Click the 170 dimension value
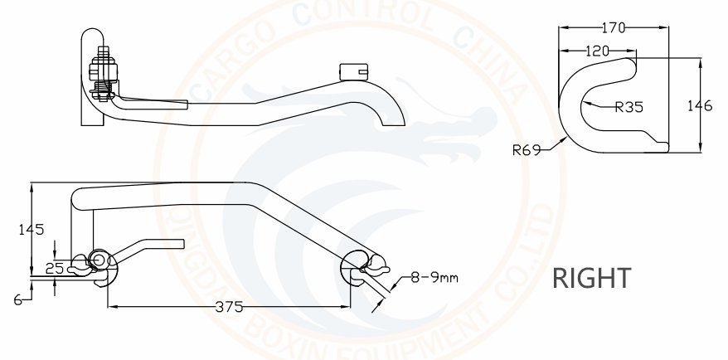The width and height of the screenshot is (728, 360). pos(614,28)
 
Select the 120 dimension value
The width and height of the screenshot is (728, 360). pos(597,51)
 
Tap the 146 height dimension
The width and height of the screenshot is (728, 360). pos(700,106)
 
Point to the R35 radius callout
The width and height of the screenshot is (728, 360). pos(629,107)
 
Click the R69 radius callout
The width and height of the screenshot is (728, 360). pos(527,150)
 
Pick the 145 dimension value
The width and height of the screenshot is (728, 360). pos(32,230)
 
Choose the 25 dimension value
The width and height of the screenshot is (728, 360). pos(55,268)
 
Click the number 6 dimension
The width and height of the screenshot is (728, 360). pos(18,300)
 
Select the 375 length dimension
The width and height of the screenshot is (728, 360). pos(230,307)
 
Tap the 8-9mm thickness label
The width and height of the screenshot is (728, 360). pos(434,278)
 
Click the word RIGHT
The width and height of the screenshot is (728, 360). pos(591,278)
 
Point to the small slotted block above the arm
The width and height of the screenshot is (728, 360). pos(354,71)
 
